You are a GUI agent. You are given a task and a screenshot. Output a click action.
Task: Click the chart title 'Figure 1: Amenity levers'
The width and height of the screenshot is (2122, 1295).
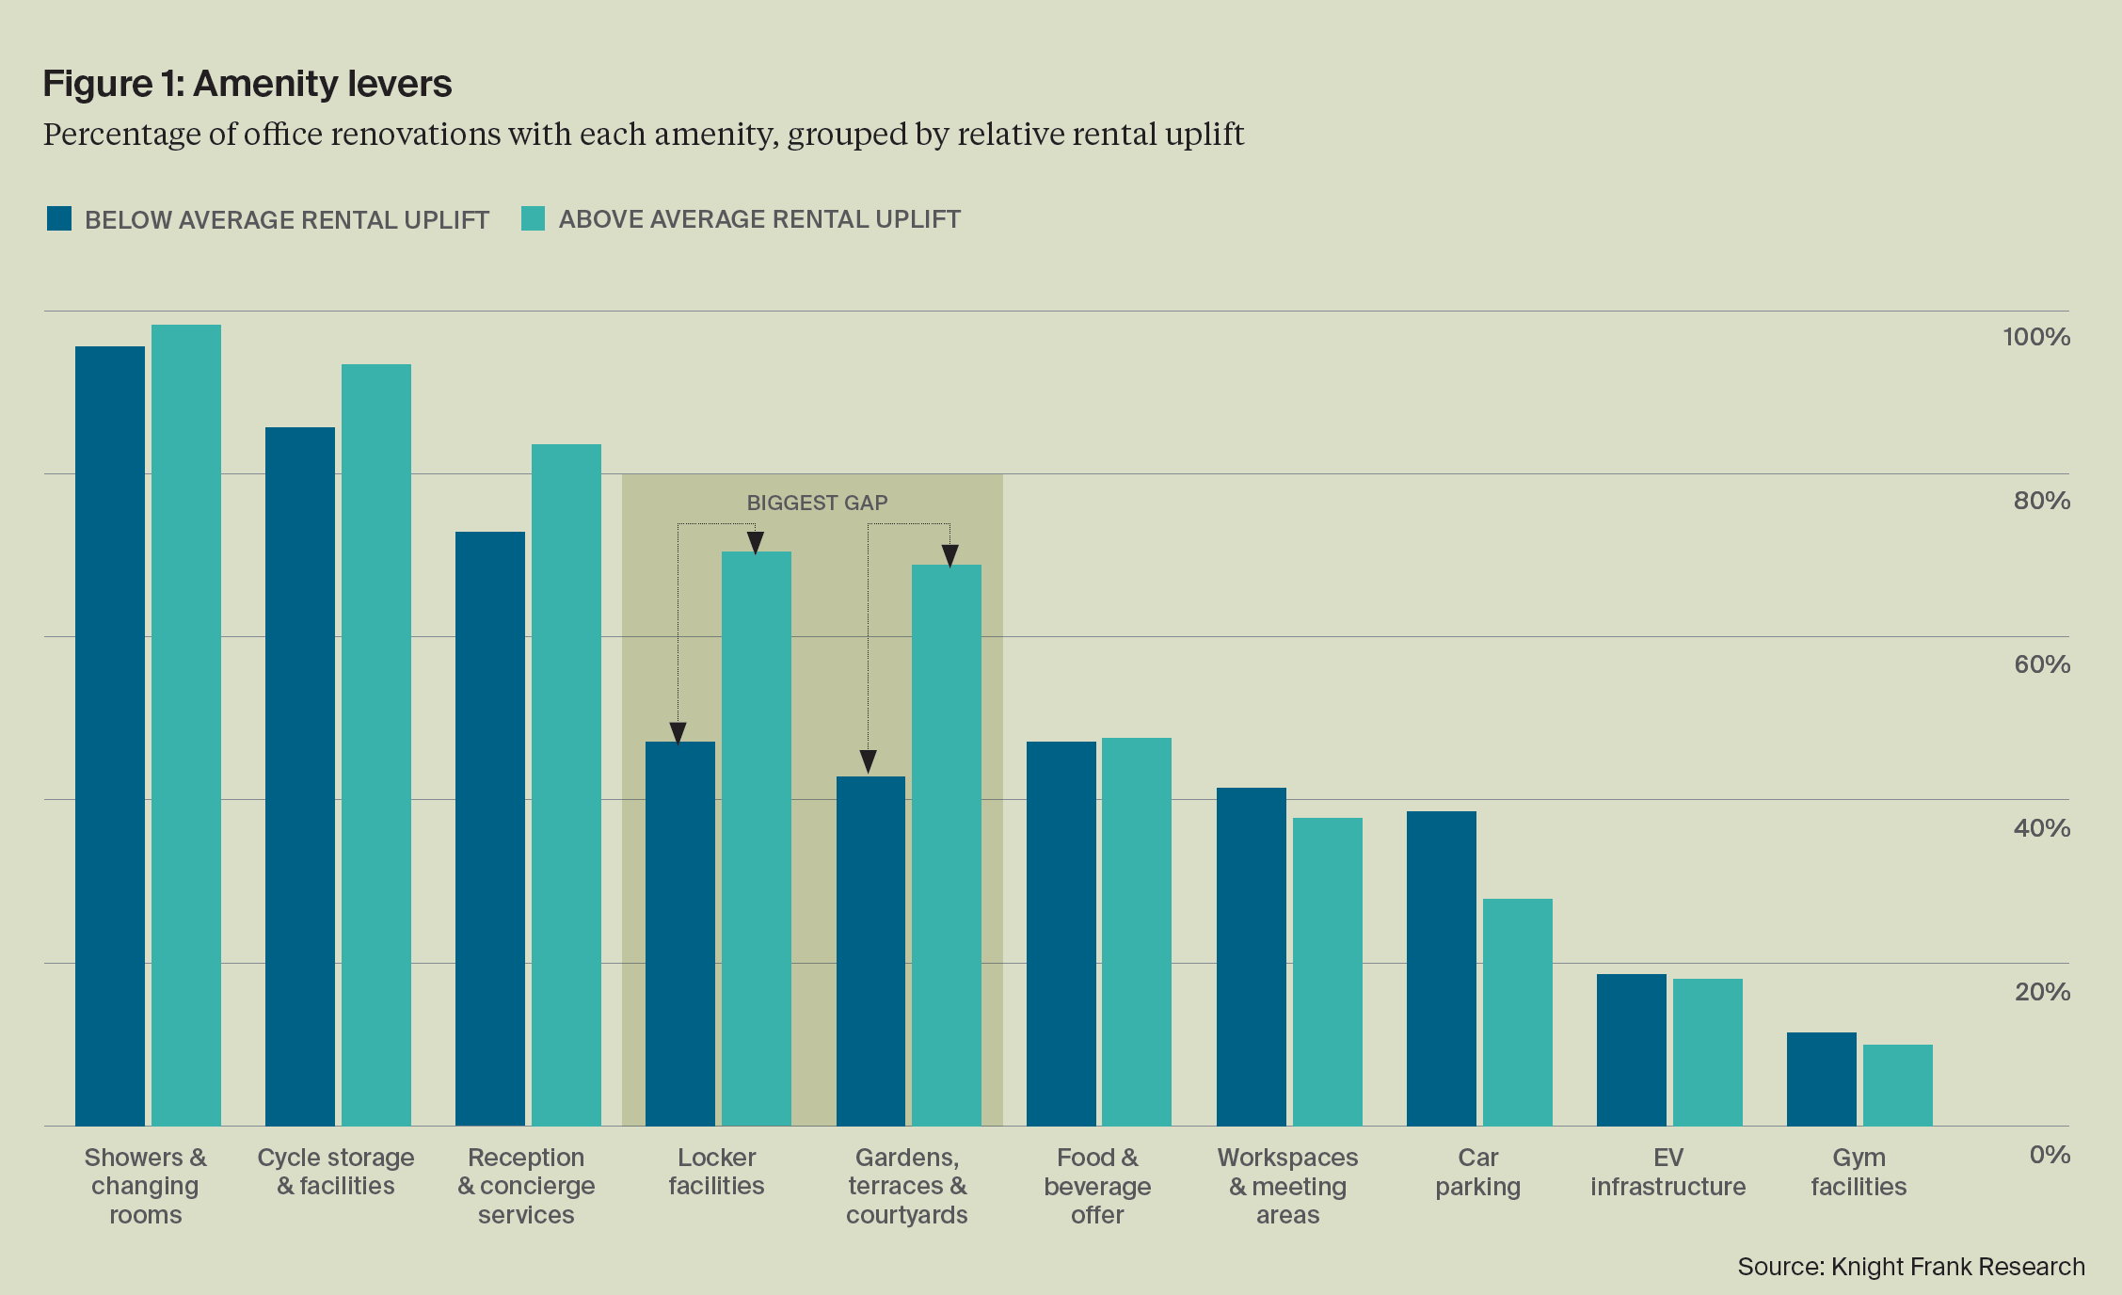coord(247,85)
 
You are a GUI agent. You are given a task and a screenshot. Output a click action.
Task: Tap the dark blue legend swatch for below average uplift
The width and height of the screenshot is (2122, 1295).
coord(59,219)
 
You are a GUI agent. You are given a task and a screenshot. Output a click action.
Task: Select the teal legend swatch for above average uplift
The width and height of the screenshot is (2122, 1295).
coord(534,219)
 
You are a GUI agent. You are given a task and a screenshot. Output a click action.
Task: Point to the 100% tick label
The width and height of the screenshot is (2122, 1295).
coord(2035,337)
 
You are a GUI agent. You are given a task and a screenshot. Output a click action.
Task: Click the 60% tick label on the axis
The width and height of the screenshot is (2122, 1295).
coord(2041,664)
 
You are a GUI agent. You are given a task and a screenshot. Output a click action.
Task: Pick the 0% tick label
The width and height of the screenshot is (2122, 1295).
coord(2049,1155)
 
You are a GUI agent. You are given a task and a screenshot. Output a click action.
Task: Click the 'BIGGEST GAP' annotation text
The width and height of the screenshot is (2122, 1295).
coord(817,503)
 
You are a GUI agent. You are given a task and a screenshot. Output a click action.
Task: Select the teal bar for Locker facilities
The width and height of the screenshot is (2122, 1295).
coord(757,838)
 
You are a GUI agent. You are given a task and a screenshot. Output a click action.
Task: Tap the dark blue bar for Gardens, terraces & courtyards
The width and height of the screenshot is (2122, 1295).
coord(870,951)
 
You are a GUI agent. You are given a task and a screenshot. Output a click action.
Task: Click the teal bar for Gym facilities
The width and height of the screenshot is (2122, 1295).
coord(1897,1085)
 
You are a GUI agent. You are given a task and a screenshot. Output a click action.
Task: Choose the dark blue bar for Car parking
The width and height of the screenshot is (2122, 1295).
coord(1441,968)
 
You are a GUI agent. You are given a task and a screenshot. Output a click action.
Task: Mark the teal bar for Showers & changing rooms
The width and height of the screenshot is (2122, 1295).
coord(186,725)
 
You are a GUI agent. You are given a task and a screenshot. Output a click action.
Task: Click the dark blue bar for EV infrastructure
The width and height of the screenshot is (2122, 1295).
coord(1631,1049)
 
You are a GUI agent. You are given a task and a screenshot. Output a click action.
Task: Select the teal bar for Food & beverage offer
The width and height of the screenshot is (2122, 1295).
coord(1137,932)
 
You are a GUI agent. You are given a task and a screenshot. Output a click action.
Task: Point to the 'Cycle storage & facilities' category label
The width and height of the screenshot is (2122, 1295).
coord(336,1172)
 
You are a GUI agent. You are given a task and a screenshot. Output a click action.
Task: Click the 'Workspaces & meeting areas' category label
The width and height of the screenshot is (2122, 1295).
coord(1287,1186)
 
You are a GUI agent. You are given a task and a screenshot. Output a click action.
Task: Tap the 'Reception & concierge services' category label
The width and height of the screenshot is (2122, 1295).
coord(526,1186)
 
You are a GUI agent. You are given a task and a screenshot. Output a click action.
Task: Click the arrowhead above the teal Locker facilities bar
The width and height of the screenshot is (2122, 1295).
coord(756,542)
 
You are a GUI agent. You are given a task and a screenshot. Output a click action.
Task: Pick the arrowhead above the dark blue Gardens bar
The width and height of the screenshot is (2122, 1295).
coord(868,760)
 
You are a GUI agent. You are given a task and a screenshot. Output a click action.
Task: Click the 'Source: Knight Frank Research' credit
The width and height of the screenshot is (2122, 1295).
coord(1910,1267)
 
